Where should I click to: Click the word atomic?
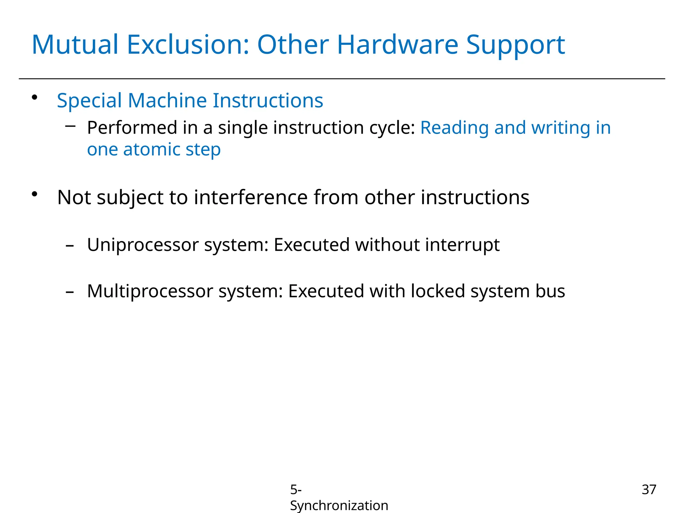[x=152, y=149]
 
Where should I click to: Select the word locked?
[x=438, y=291]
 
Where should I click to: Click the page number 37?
[x=649, y=490]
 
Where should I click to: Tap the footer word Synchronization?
[x=339, y=505]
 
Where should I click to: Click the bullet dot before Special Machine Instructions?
[x=34, y=98]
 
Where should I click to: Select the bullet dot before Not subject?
[x=34, y=194]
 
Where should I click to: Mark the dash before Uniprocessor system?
[x=70, y=246]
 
